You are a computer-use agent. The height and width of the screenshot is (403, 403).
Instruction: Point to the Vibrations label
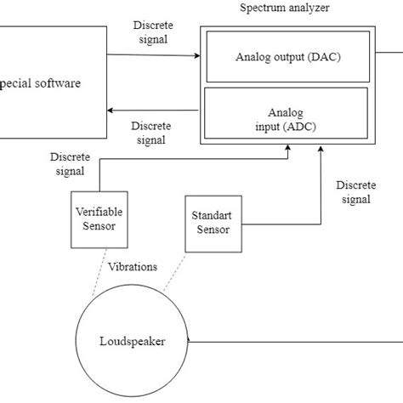click(133, 266)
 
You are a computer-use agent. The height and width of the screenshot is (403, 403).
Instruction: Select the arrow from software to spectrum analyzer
click(153, 57)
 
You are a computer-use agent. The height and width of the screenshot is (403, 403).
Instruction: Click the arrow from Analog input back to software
click(153, 110)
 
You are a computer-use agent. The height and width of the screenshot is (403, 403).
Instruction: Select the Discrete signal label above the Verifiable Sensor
click(68, 165)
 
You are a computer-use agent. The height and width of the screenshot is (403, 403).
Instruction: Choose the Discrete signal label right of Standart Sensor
click(354, 192)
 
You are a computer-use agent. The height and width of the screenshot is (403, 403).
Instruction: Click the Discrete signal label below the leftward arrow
click(151, 133)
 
